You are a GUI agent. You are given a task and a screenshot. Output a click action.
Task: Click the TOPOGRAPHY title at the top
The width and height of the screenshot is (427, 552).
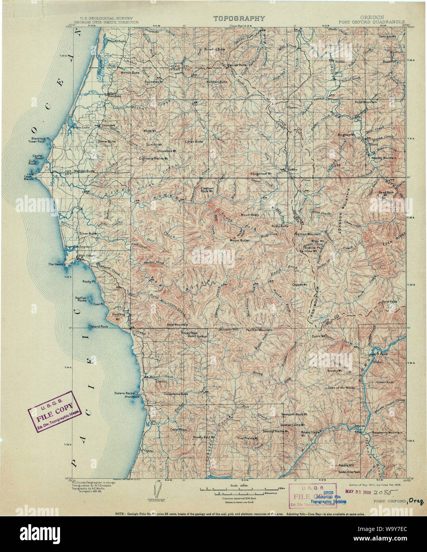pyautogui.click(x=239, y=18)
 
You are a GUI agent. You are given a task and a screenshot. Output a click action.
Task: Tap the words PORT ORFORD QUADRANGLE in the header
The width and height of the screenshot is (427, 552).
pyautogui.click(x=371, y=22)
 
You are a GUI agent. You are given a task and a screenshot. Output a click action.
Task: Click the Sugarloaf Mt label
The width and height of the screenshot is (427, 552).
pyautogui.click(x=262, y=174)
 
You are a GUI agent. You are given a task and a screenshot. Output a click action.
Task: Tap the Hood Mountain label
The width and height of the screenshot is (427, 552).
pyautogui.click(x=366, y=102)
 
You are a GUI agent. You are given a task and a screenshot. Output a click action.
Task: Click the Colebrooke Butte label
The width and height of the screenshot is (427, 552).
pyautogui.click(x=176, y=394)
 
